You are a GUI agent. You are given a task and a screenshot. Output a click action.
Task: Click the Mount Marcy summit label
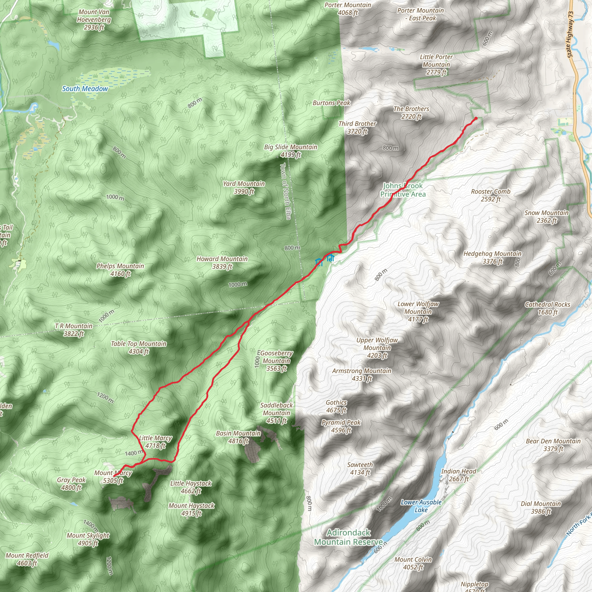[113, 477]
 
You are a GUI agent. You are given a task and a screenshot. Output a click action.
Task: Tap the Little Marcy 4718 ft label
[155, 442]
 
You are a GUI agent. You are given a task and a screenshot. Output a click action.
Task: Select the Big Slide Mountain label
[291, 151]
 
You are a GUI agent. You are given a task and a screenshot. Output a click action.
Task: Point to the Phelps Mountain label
[120, 270]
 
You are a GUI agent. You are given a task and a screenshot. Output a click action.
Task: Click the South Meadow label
[85, 89]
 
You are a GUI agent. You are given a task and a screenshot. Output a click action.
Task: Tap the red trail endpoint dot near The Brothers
[476, 118]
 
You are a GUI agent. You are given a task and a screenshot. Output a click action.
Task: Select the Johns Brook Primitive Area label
[403, 190]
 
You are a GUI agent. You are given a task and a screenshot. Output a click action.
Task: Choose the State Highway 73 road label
[570, 35]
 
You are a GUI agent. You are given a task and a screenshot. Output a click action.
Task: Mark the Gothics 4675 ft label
[336, 406]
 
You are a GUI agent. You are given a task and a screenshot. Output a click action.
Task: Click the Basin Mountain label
[238, 437]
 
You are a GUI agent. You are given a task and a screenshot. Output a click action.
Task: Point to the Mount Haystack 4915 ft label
[192, 509]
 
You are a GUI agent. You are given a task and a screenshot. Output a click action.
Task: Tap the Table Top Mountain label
[138, 347]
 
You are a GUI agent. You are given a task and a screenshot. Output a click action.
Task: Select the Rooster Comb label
[491, 195]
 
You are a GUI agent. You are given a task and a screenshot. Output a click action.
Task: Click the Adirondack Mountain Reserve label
[349, 537]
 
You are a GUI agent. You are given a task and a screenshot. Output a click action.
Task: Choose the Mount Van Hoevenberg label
[94, 20]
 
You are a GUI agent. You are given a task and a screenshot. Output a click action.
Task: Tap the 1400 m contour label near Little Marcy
[134, 453]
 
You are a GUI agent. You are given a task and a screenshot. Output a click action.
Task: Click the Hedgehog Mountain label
[492, 257]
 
